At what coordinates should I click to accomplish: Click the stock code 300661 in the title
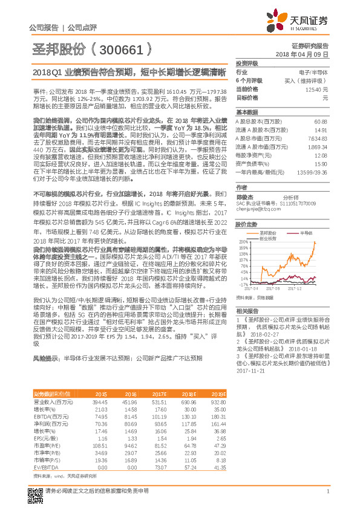[123, 49]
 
